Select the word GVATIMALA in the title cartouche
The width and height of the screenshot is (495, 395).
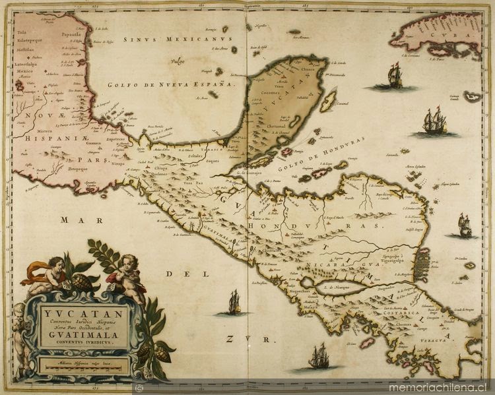(83, 334)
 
